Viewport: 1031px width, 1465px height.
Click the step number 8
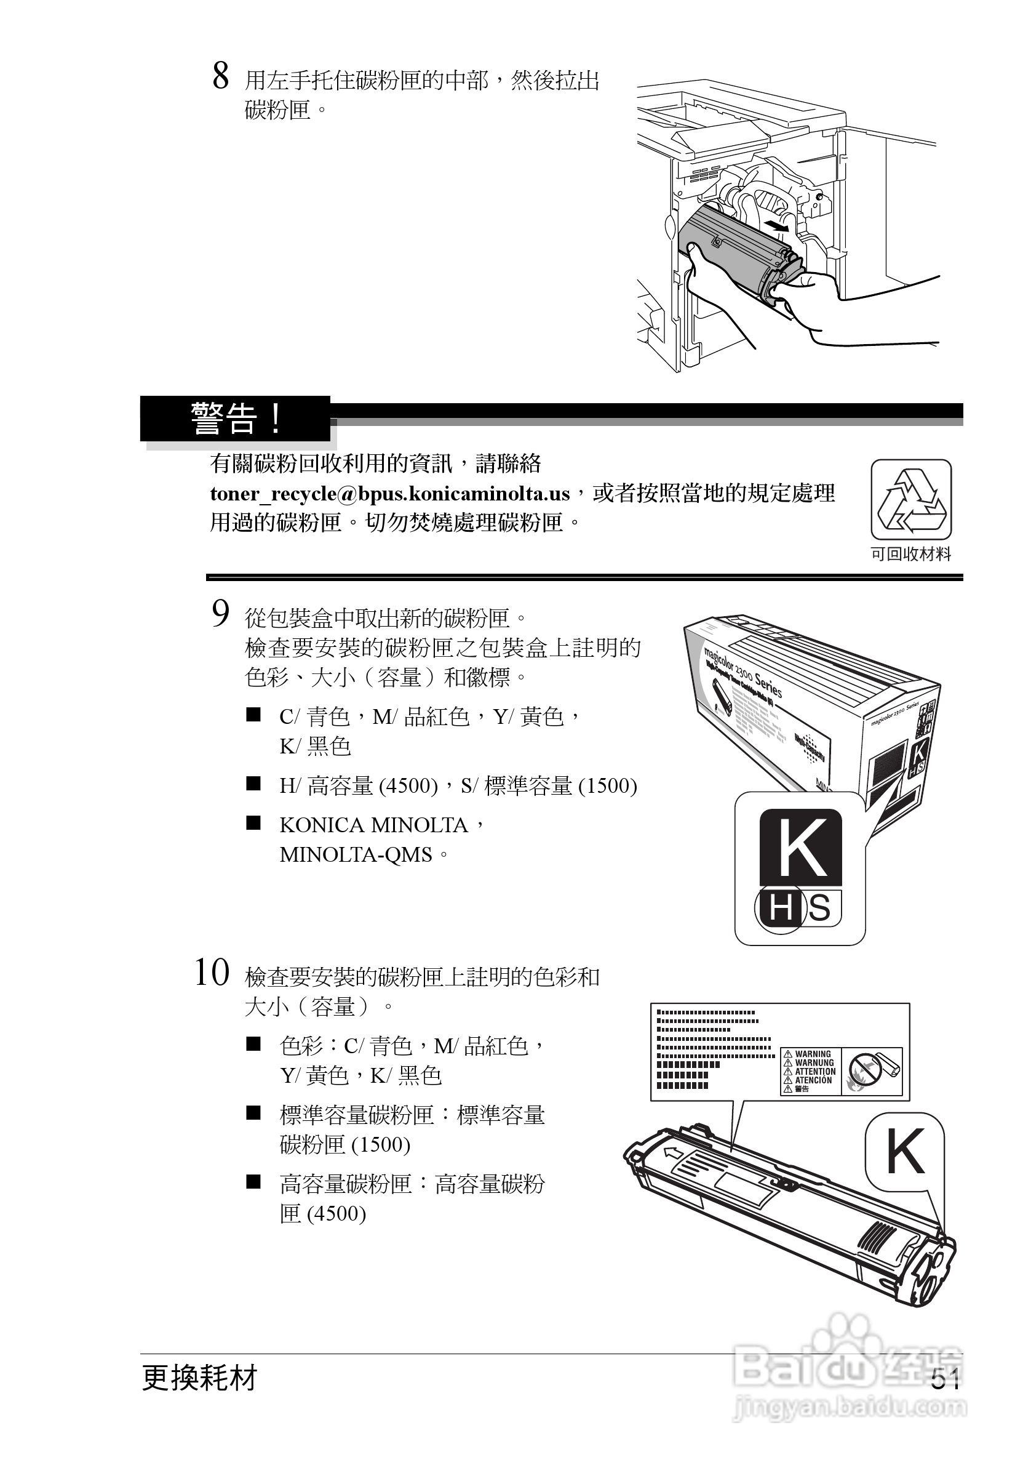click(x=221, y=76)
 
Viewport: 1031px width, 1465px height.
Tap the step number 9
click(x=221, y=614)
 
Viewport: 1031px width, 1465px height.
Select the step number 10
click(x=212, y=974)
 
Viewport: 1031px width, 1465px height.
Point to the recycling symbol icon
click(x=911, y=500)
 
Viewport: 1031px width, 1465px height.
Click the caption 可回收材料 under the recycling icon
click(x=911, y=555)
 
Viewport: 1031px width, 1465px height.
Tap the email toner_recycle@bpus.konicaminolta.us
click(x=389, y=494)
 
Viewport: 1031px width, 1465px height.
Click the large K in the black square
click(x=801, y=847)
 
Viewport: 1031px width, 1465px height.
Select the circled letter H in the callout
click(x=780, y=907)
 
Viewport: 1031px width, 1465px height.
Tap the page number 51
click(x=945, y=1380)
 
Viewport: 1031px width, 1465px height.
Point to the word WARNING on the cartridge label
click(x=813, y=1054)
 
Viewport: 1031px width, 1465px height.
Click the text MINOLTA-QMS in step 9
click(x=356, y=854)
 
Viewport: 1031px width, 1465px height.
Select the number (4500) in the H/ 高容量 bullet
click(x=408, y=785)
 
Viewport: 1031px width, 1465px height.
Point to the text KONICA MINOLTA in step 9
click(x=373, y=825)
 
